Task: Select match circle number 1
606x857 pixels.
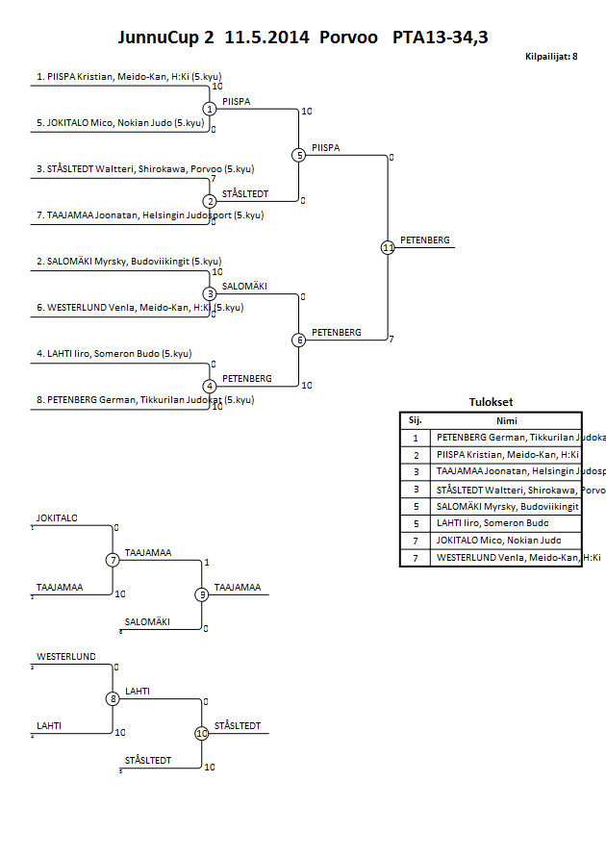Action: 210,109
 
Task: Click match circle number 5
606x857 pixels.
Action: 299,155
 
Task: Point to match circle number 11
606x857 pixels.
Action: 388,247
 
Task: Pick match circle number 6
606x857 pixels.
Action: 299,340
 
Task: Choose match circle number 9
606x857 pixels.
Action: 202,594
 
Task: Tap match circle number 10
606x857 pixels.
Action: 202,733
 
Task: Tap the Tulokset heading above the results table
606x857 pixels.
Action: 491,403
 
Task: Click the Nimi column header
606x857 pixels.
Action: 506,420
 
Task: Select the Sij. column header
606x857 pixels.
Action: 416,420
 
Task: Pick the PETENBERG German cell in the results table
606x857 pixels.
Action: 506,437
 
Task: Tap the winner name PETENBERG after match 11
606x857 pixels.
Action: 424,240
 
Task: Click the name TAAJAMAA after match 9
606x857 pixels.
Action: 236,587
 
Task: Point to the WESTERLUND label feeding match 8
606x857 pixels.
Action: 66,657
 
